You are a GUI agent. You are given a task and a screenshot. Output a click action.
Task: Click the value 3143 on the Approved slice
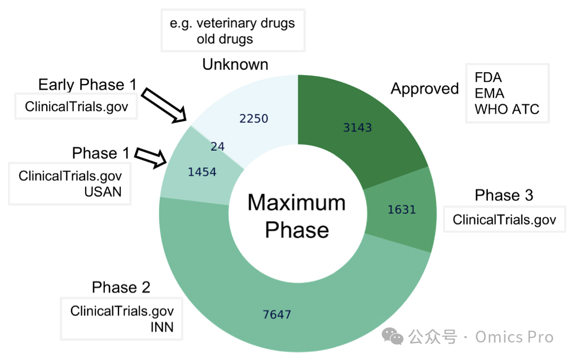(358, 128)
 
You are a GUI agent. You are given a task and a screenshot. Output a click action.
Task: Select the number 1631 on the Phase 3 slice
(402, 210)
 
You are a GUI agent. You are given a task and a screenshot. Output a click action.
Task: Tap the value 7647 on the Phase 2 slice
(277, 314)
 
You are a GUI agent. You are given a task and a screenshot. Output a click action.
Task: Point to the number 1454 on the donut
(202, 172)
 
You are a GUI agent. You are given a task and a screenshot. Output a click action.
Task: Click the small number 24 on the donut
(217, 147)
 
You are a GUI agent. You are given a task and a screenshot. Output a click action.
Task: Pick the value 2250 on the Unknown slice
(253, 118)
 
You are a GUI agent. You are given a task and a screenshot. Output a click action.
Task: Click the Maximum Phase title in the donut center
(297, 216)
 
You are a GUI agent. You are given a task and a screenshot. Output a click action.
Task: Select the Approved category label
(425, 89)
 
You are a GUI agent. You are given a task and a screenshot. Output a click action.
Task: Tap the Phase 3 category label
(504, 195)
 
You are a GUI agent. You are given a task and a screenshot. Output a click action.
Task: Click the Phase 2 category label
(121, 287)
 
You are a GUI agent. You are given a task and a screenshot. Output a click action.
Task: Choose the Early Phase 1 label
(87, 85)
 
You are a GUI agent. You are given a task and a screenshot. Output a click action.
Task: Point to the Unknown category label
(235, 64)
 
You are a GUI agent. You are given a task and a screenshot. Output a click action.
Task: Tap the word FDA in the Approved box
(488, 77)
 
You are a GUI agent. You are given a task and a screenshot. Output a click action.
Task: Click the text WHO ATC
(507, 109)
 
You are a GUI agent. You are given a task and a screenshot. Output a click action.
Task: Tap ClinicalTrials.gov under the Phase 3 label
(504, 219)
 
